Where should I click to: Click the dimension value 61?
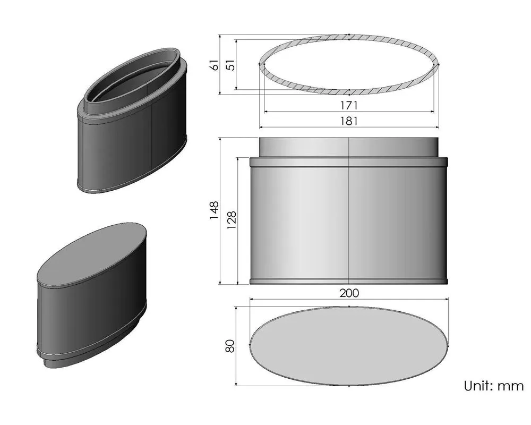[214, 65]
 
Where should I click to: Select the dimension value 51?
[230, 65]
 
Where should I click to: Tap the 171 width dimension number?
[349, 105]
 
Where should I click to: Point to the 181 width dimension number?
[349, 121]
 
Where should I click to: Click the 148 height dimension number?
[214, 210]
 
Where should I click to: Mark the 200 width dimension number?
[349, 293]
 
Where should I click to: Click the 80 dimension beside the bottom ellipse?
[230, 346]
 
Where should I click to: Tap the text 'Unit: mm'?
[494, 386]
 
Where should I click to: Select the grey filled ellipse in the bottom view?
[349, 345]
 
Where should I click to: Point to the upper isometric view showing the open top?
[133, 122]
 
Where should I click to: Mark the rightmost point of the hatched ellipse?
[439, 64]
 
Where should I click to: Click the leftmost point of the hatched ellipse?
[259, 64]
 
